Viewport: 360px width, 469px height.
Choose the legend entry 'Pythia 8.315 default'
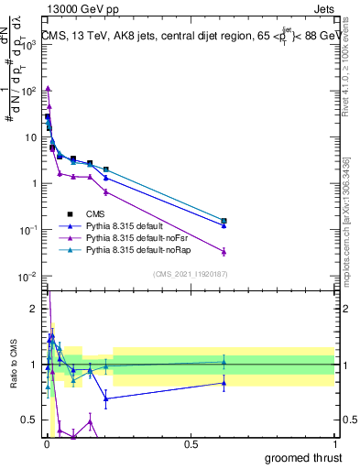click(128, 224)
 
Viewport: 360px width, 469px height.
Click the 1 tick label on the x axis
click(334, 443)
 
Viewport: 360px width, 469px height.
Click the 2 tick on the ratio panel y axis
click(35, 309)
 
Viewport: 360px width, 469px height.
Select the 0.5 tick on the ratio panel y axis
click(31, 420)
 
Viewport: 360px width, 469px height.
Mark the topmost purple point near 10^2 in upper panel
click(48, 88)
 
